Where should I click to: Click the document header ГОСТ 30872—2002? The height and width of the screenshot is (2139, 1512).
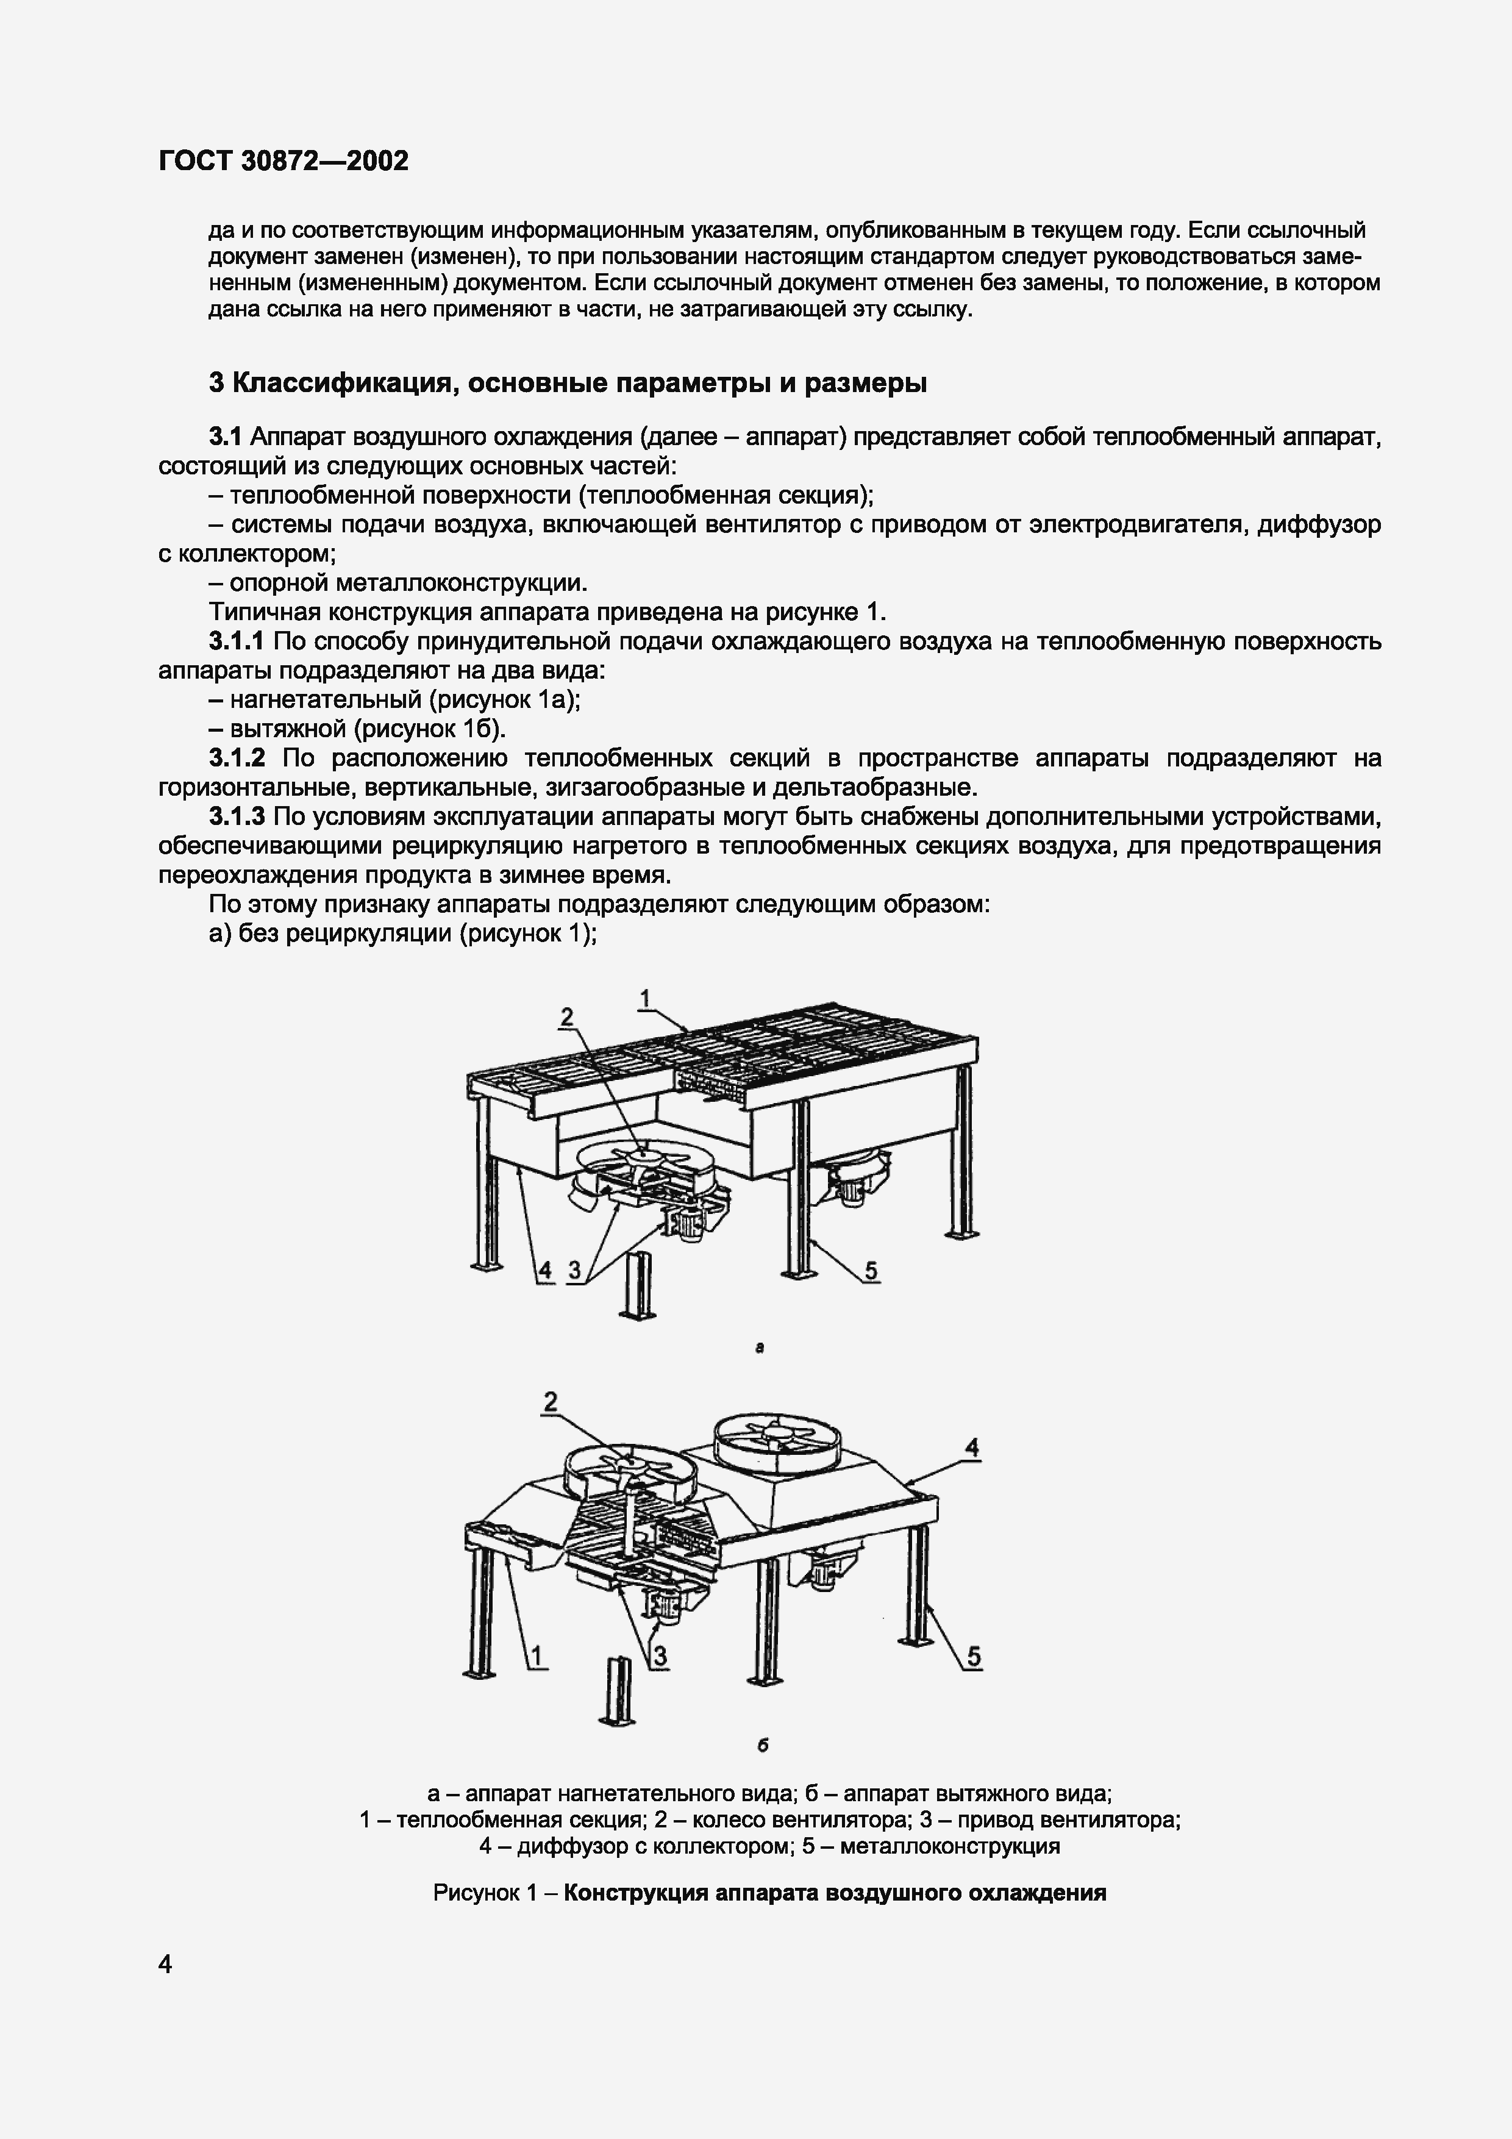tap(283, 161)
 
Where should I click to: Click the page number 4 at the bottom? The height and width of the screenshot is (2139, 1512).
tap(166, 1965)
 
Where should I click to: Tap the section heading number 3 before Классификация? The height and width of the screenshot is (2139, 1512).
tap(216, 383)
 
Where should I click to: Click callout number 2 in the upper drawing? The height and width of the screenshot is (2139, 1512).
tap(566, 1017)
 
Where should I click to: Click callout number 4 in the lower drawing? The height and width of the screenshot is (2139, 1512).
tap(972, 1447)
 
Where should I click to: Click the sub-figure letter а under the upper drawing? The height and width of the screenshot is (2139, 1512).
tap(760, 1347)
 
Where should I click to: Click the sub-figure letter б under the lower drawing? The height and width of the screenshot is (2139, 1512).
tap(762, 1746)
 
